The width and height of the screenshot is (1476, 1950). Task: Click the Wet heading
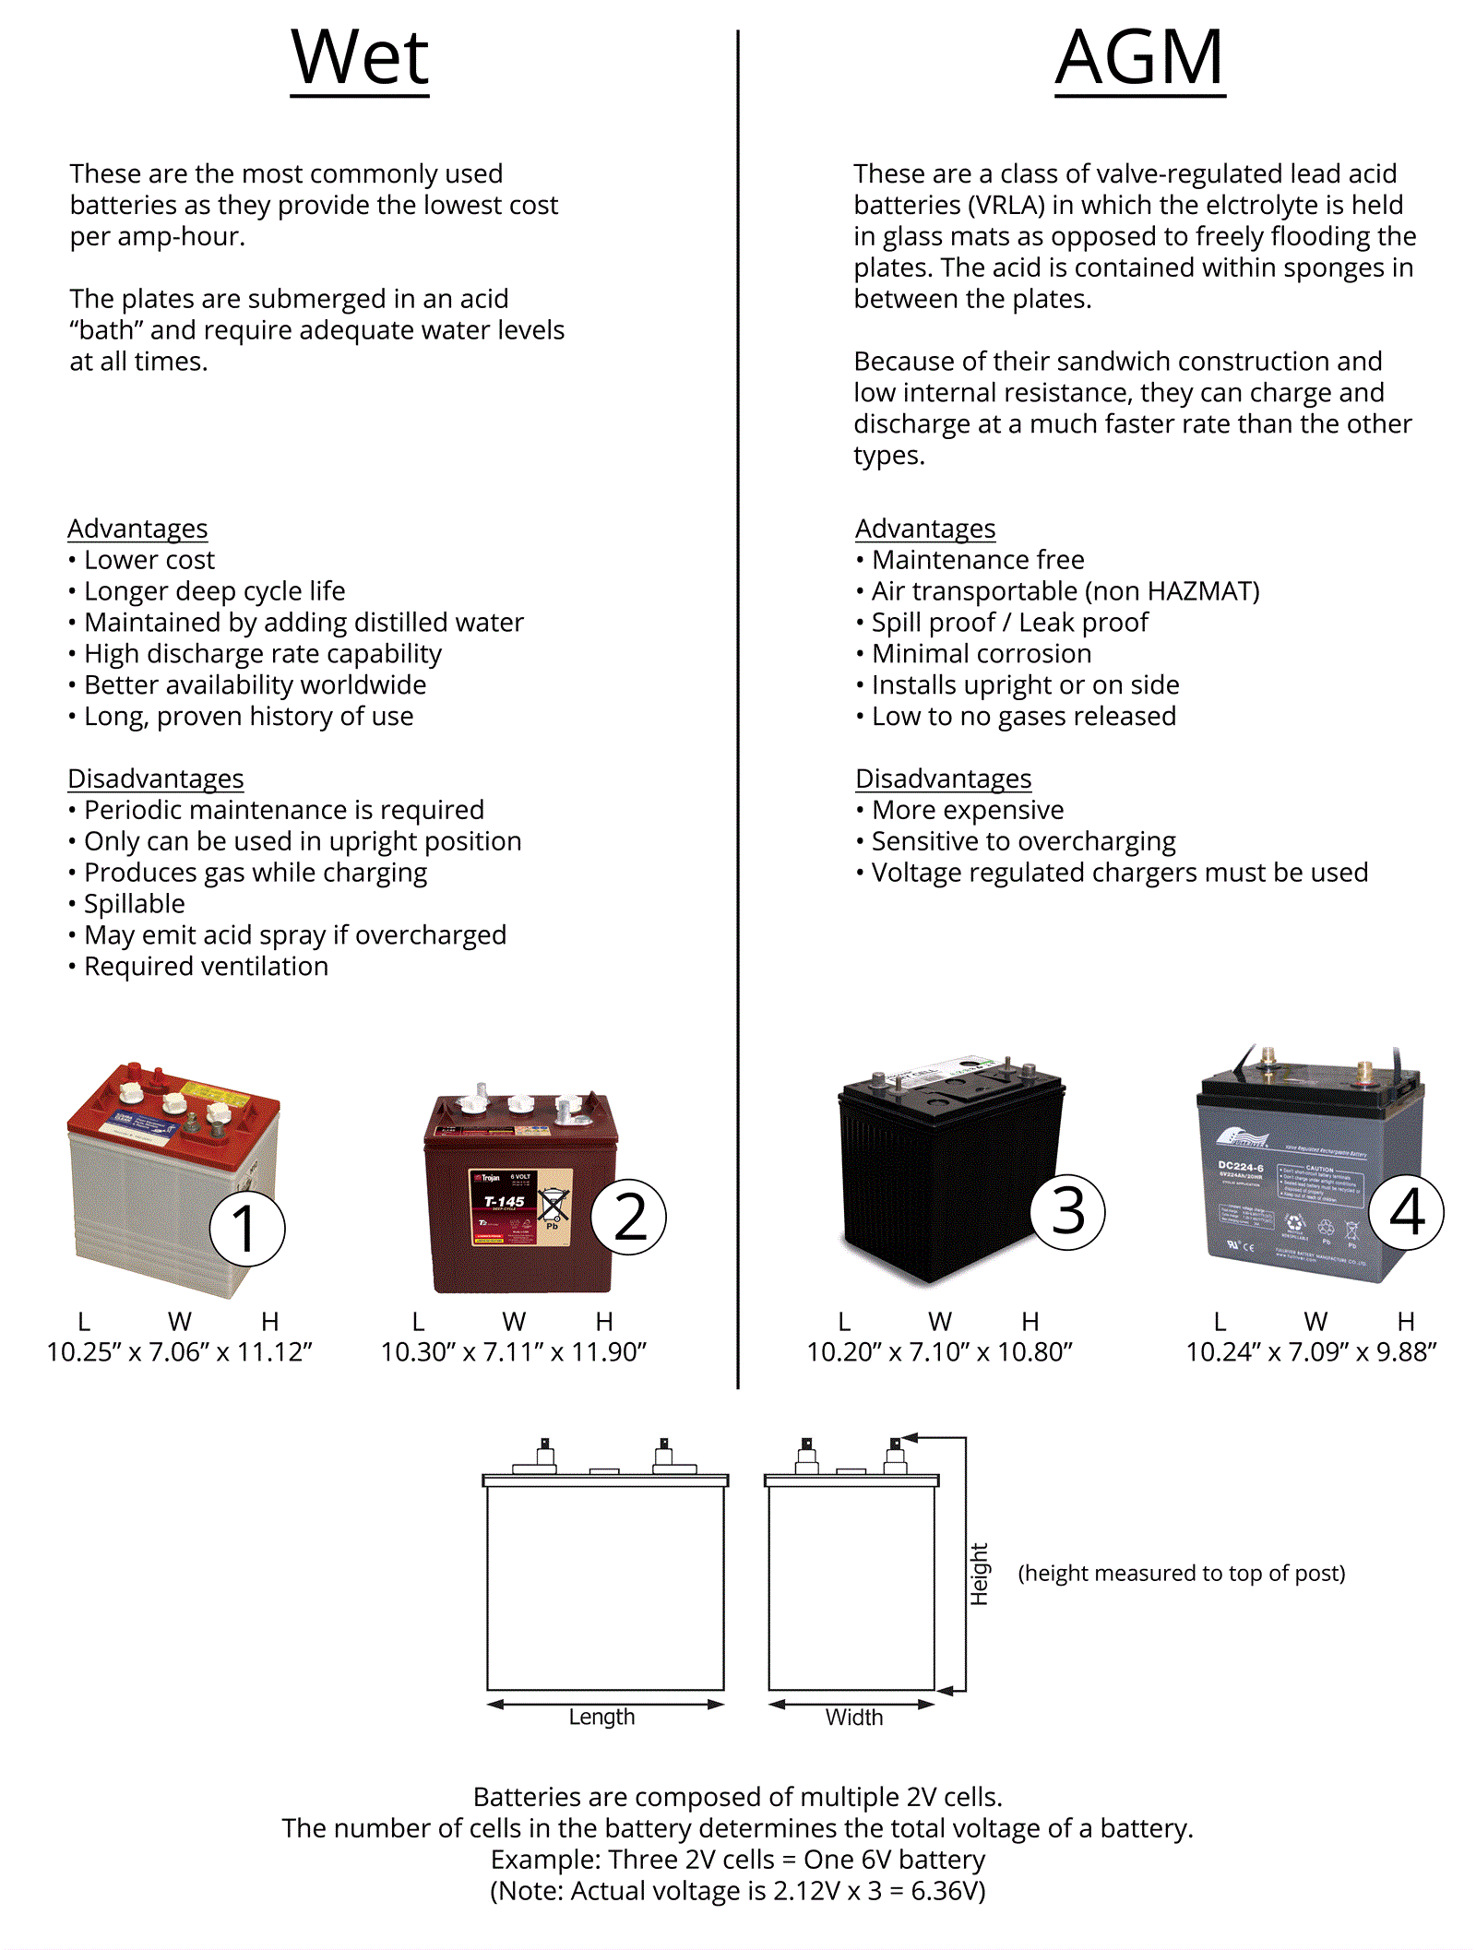pos(360,57)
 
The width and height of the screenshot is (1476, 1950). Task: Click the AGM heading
pos(1140,57)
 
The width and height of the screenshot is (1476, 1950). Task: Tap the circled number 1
pos(246,1229)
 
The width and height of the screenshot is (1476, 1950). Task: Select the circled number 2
pos(629,1217)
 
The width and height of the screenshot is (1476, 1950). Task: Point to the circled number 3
pos(1067,1211)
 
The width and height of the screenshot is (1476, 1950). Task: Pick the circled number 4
pos(1406,1211)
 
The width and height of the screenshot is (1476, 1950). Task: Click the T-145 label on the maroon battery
pos(504,1201)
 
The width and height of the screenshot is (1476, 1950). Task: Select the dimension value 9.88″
pos(1407,1352)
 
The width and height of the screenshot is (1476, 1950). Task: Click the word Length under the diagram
pos(601,1717)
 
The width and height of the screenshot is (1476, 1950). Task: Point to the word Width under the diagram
pos(854,1717)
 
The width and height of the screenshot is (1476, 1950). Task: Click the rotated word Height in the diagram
pos(979,1574)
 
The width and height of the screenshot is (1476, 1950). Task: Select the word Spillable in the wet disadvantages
pos(135,904)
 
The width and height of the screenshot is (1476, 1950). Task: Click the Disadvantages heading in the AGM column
pos(943,779)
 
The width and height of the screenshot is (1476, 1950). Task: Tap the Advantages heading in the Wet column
pos(137,529)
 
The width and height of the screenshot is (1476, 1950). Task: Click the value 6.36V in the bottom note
pos(948,1891)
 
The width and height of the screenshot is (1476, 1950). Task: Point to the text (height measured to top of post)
pos(1182,1573)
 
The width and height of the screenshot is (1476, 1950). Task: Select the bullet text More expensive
pos(968,810)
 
